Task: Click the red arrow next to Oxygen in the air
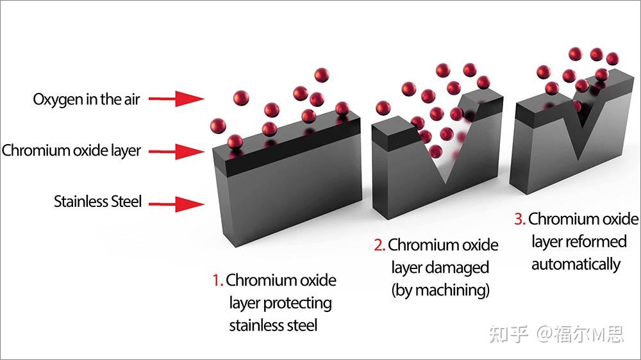[176, 99]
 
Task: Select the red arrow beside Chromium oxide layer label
[176, 152]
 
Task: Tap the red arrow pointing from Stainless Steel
[176, 204]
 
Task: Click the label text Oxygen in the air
[87, 100]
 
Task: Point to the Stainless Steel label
[97, 201]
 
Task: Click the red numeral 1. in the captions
[217, 281]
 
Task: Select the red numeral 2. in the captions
[379, 245]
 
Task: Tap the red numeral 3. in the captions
[520, 219]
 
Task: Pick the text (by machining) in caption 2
[440, 291]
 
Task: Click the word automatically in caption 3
[576, 265]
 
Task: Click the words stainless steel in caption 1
[273, 325]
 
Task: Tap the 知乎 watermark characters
[508, 334]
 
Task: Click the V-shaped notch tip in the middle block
[445, 183]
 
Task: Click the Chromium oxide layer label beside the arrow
[71, 151]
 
